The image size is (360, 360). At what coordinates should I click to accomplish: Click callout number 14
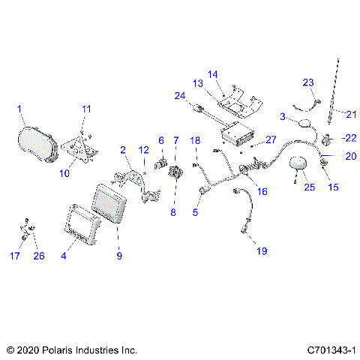pos(212,74)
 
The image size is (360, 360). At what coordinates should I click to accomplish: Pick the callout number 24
pos(179,95)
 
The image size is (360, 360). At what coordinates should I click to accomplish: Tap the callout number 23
pos(307,82)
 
